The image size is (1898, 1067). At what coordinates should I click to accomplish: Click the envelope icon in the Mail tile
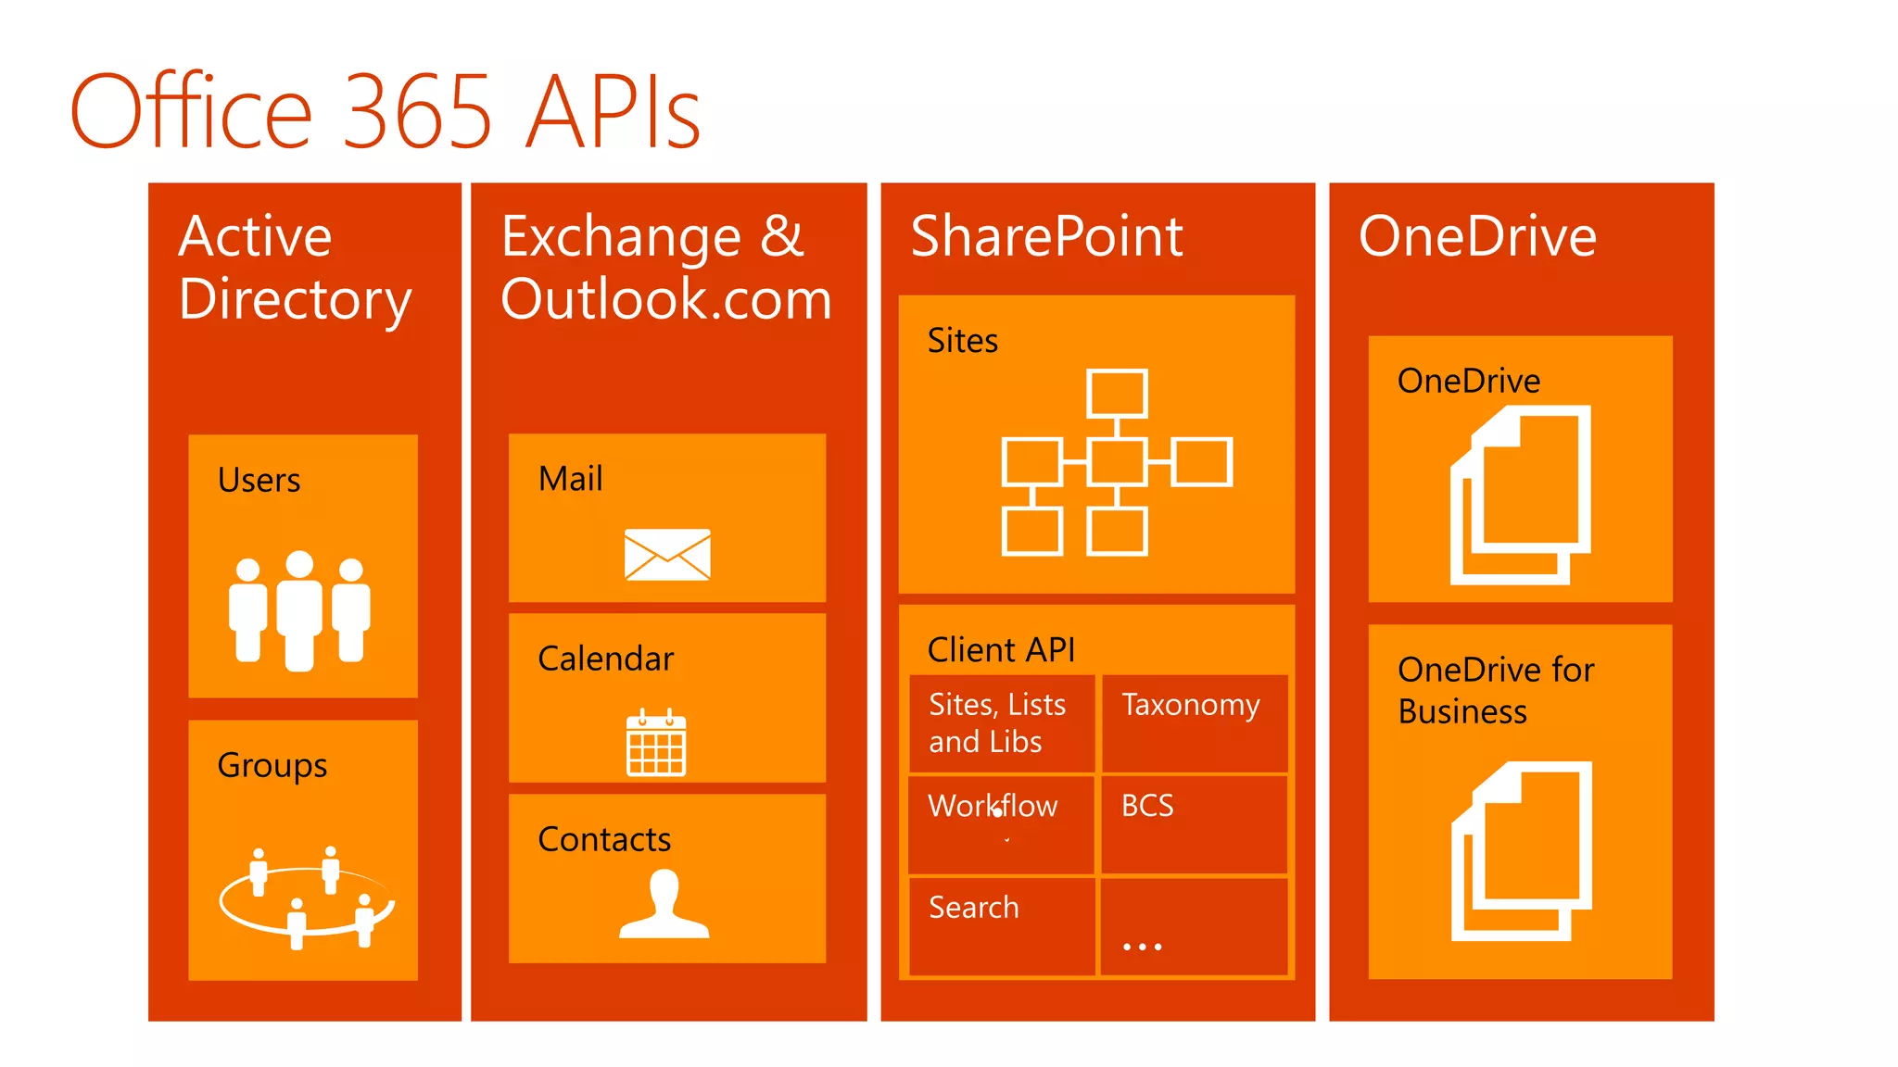(x=667, y=555)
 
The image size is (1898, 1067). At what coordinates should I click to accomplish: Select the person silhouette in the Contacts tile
(x=664, y=905)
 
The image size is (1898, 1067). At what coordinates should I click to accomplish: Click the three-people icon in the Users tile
(x=299, y=609)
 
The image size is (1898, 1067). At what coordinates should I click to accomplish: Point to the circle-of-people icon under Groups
(x=307, y=898)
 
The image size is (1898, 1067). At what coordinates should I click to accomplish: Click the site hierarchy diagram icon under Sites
(x=1117, y=462)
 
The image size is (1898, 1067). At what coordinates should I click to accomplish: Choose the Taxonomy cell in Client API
(x=1194, y=723)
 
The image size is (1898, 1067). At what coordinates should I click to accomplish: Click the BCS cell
(x=1194, y=824)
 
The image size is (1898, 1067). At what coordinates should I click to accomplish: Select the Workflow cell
(x=1002, y=824)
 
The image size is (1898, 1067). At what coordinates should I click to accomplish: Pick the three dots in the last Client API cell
(x=1142, y=947)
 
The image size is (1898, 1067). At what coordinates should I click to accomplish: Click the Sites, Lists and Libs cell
(x=1002, y=723)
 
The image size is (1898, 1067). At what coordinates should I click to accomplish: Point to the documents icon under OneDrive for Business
(x=1522, y=851)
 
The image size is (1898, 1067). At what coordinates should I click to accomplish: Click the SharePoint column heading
(x=1046, y=236)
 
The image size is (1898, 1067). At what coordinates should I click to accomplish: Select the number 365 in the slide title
(x=417, y=112)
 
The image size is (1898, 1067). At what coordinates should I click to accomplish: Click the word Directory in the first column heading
(x=295, y=300)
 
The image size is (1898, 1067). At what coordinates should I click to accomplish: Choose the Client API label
(x=1001, y=650)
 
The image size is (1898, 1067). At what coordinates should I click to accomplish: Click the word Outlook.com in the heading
(x=666, y=300)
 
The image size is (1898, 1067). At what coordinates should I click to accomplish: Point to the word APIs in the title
(x=613, y=112)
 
